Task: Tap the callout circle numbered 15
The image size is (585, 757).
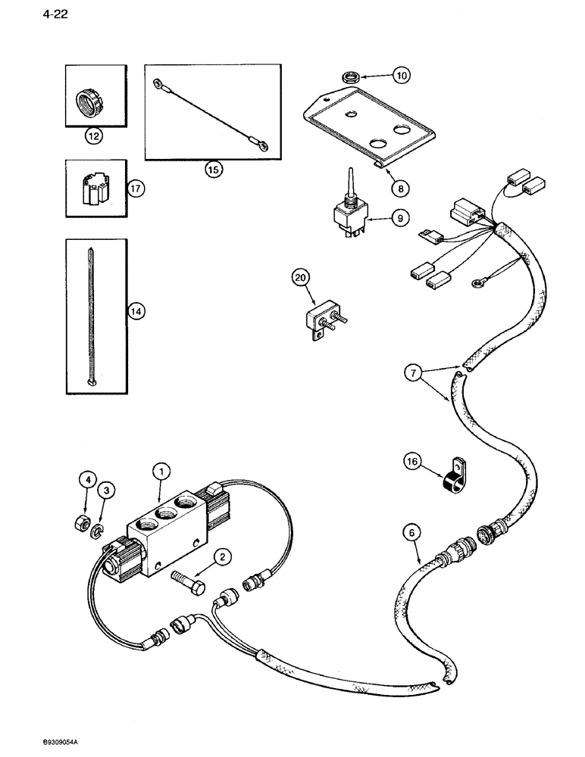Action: (x=213, y=170)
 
